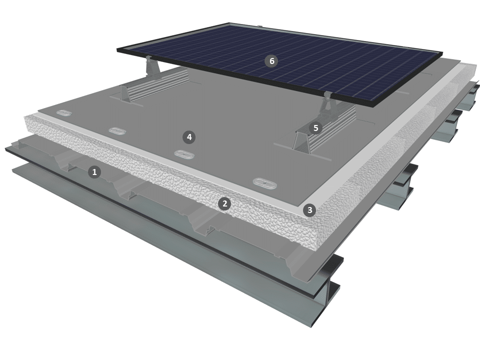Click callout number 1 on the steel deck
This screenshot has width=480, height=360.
94,172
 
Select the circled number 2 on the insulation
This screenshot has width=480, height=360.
224,203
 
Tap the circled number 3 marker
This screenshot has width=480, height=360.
309,210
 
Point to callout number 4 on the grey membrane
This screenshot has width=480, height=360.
189,137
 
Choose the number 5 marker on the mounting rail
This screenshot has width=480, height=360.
315,127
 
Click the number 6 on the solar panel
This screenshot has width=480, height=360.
271,61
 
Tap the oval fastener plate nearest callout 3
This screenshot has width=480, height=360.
265,183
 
